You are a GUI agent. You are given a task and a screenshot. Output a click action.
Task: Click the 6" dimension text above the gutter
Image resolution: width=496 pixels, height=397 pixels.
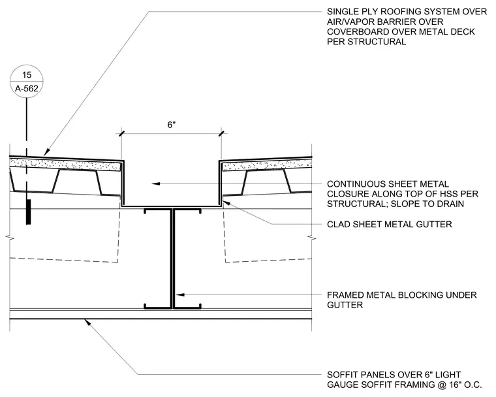tap(172, 125)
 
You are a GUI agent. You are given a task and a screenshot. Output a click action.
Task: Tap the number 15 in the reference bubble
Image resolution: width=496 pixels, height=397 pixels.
tap(27, 75)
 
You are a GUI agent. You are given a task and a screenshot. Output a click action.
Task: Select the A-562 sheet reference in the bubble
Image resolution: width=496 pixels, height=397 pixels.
tap(27, 89)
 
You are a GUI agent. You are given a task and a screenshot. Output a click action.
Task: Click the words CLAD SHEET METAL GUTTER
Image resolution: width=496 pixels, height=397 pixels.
tap(389, 225)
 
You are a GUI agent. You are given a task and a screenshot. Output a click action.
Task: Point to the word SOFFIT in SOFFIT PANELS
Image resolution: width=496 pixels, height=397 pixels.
tap(343, 375)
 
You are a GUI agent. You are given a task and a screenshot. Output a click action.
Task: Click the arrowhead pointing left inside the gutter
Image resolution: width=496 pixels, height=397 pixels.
tap(155, 183)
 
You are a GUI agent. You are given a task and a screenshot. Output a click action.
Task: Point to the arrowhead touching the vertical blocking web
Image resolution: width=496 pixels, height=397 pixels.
tap(179, 294)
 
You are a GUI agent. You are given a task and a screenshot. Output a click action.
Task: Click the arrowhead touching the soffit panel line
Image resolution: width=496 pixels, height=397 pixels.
tap(87, 323)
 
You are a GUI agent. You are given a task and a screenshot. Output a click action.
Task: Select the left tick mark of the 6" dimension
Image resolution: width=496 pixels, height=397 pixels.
tap(121, 134)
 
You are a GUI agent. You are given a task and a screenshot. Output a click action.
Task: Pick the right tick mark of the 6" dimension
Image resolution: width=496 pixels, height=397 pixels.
tap(221, 134)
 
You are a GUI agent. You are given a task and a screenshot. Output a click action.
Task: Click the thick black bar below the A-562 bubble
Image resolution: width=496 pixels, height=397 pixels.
tap(29, 212)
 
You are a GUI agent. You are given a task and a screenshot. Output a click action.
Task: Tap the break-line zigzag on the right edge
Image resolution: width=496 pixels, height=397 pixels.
tap(312, 237)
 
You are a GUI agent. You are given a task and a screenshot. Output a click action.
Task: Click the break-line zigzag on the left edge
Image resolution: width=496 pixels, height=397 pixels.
tap(10, 237)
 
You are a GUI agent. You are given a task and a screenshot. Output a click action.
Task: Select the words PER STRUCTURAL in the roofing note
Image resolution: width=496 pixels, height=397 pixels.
tap(366, 42)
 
